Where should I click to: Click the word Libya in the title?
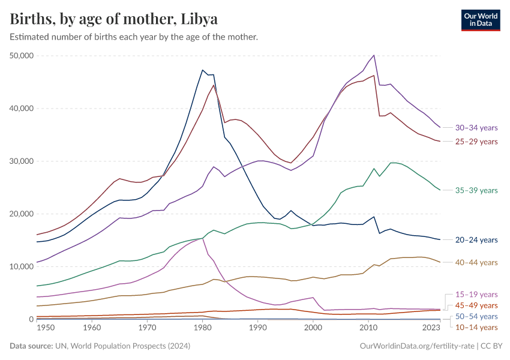click(199, 19)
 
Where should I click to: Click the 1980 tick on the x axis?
click(202, 328)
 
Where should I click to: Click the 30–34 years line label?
click(476, 128)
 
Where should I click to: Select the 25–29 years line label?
click(476, 142)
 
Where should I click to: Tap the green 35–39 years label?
click(476, 190)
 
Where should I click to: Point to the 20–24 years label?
click(476, 240)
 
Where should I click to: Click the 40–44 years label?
click(476, 263)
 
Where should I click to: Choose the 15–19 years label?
click(476, 295)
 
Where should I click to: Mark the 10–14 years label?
click(476, 327)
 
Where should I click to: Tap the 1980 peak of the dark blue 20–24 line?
click(203, 70)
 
